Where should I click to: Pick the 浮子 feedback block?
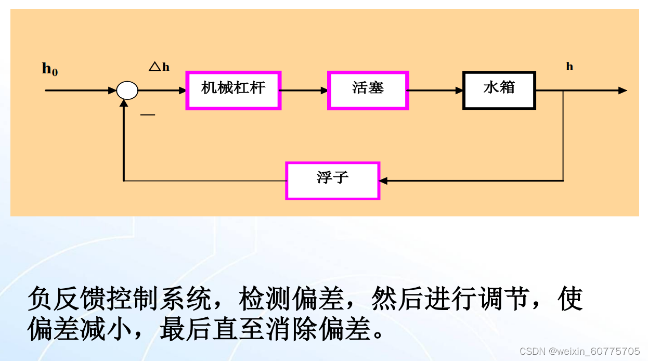(333, 180)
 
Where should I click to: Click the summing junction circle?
(127, 91)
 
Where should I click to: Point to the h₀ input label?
(50, 69)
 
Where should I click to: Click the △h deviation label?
(159, 67)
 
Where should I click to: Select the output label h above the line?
(569, 67)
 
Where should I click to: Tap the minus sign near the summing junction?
(148, 114)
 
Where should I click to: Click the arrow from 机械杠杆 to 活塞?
(304, 91)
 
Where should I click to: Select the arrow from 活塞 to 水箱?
(435, 91)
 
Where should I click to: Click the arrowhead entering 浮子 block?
(383, 180)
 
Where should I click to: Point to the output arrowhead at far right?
(623, 91)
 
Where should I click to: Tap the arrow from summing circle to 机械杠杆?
(162, 91)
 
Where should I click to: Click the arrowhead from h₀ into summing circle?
(112, 91)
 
